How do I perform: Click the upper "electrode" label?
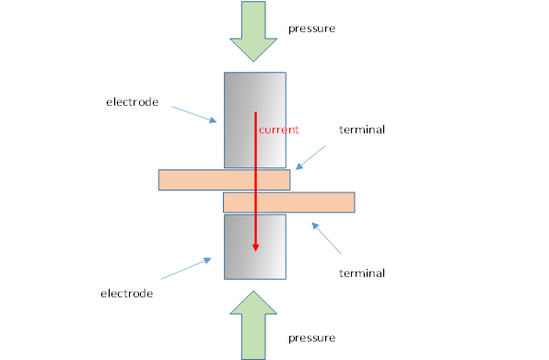point(132,101)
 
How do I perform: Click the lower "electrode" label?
point(125,293)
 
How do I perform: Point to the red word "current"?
point(278,130)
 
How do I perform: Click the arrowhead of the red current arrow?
point(256,246)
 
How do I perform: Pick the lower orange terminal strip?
point(313,202)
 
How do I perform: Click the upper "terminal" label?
point(361,130)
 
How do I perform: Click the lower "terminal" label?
point(361,273)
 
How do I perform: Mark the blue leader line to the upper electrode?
point(194,113)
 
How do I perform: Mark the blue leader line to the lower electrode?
point(190,269)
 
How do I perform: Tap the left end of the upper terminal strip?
point(163,180)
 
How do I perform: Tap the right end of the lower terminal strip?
point(350,202)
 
